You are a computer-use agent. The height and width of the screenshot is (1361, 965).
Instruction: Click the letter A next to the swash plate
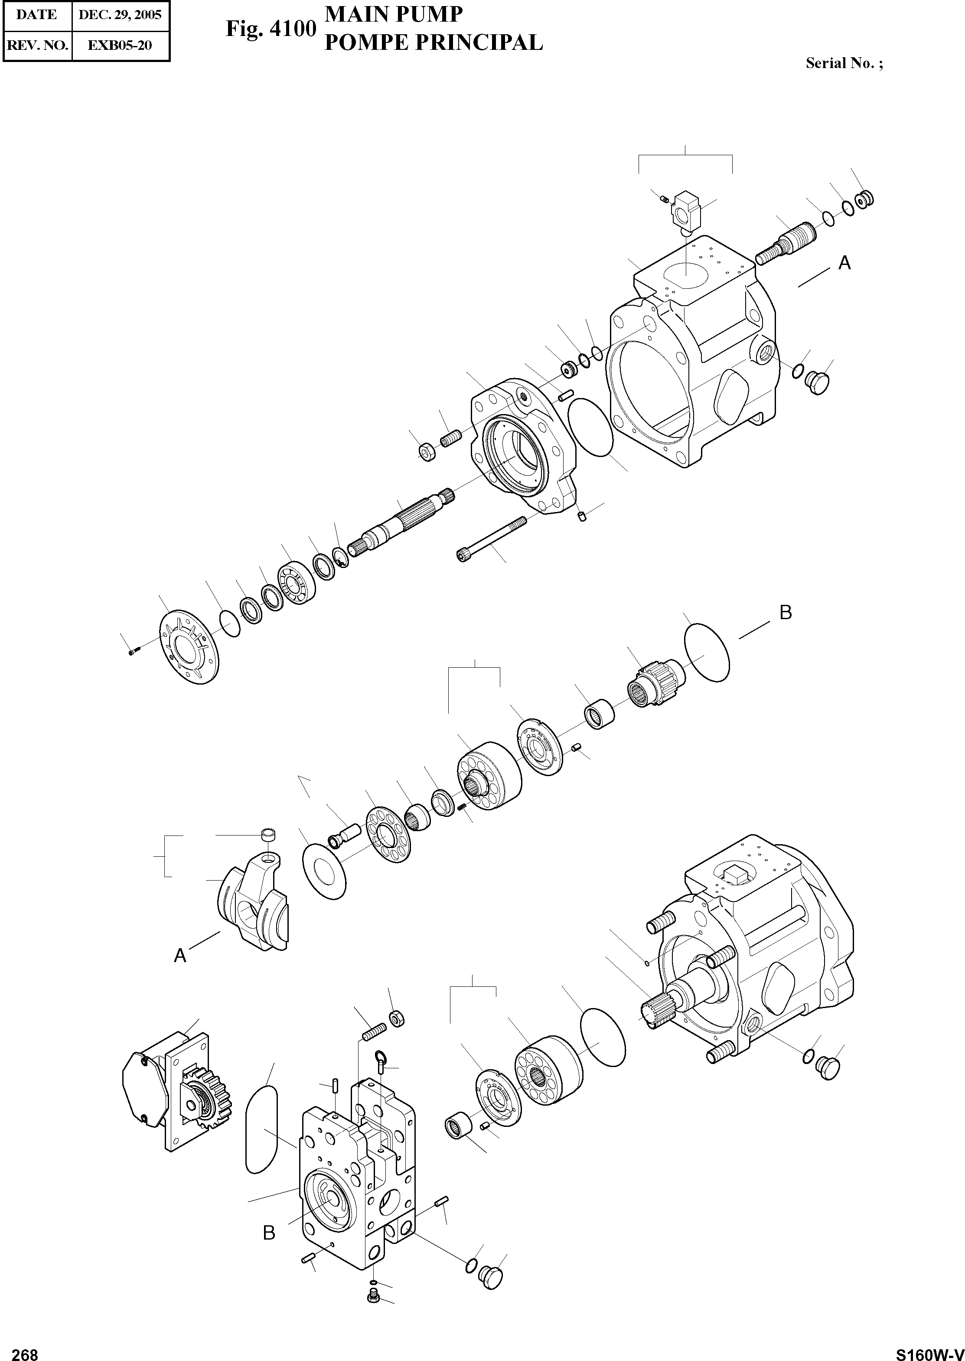pyautogui.click(x=180, y=956)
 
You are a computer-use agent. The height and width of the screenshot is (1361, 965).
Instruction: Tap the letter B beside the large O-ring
pyautogui.click(x=786, y=613)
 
